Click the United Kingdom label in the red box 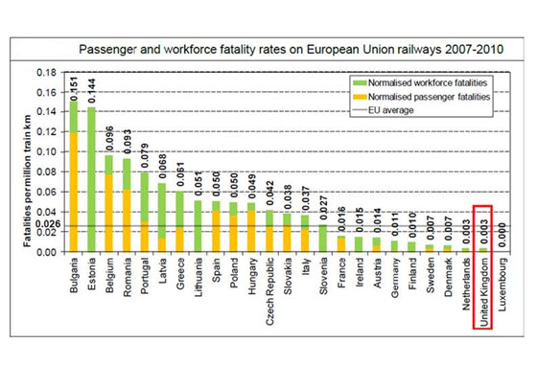click(485, 293)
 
